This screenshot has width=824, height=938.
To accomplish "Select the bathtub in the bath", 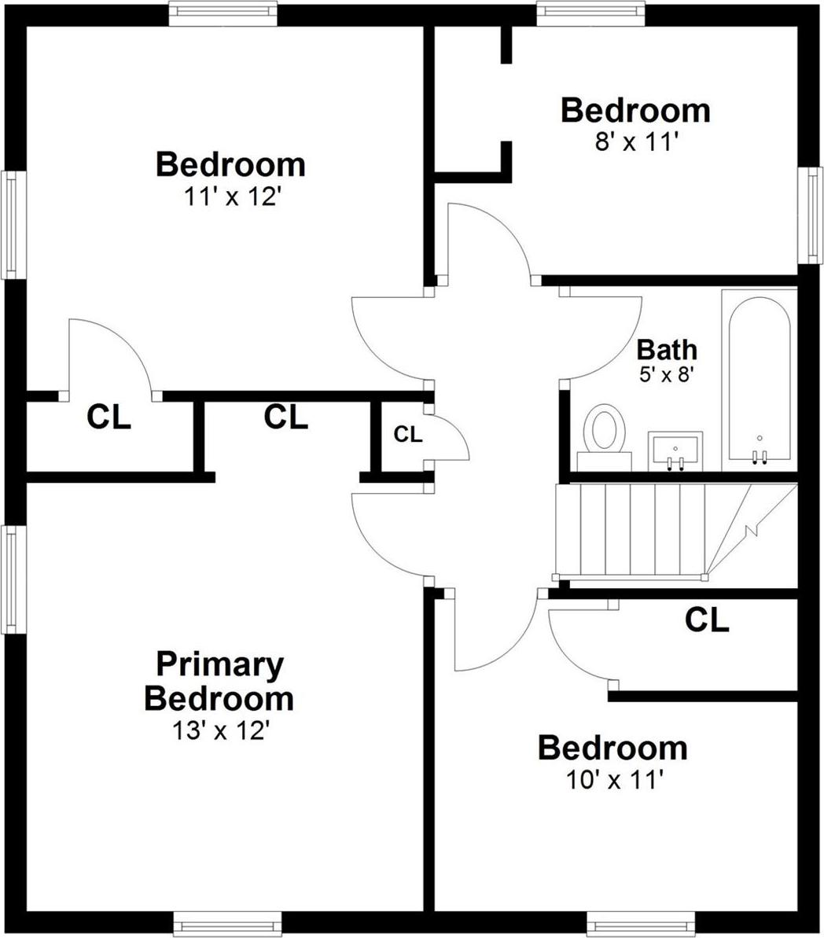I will click(759, 381).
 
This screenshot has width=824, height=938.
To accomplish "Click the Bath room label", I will click(667, 348).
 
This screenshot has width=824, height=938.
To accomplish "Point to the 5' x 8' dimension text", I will click(667, 373).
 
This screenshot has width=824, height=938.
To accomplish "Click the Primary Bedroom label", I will click(219, 681).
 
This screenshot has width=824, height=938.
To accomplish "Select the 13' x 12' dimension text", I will click(221, 731).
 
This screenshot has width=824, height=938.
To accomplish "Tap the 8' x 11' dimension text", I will click(635, 142).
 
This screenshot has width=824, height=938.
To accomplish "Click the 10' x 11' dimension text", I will click(612, 780).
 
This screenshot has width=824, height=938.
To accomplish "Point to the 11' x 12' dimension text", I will click(230, 197).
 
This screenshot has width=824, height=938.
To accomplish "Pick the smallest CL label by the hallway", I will click(408, 433).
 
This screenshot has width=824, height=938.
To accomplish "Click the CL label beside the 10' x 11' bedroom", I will click(707, 620).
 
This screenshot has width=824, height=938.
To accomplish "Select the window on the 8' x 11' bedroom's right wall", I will click(811, 215).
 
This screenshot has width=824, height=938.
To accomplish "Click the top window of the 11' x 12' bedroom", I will click(223, 13).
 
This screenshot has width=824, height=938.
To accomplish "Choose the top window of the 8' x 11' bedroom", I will click(590, 13).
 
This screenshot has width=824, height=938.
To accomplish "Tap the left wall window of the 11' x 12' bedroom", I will click(12, 224).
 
